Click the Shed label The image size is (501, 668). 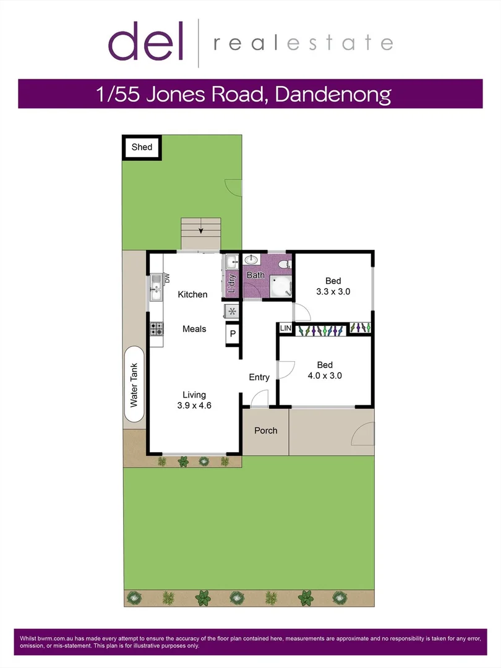click(x=142, y=147)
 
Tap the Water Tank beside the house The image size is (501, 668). click(x=134, y=384)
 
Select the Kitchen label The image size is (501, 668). click(x=192, y=294)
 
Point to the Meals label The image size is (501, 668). click(x=194, y=329)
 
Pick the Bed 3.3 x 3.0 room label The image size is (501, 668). click(x=333, y=286)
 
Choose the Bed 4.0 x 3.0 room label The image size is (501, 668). click(x=325, y=370)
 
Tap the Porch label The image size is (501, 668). click(x=266, y=430)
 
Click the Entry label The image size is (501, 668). click(x=259, y=377)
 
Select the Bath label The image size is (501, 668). click(x=255, y=275)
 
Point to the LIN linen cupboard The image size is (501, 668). click(x=285, y=328)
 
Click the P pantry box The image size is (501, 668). click(x=233, y=333)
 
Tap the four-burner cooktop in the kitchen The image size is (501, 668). click(x=156, y=328)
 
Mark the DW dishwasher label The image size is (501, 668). click(x=167, y=278)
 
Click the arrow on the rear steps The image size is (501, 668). click(x=200, y=231)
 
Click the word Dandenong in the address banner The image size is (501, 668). click(x=333, y=94)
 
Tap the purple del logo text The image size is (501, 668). click(x=146, y=41)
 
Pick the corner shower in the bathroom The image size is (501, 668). click(x=281, y=286)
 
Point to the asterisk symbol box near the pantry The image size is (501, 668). click(x=232, y=311)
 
